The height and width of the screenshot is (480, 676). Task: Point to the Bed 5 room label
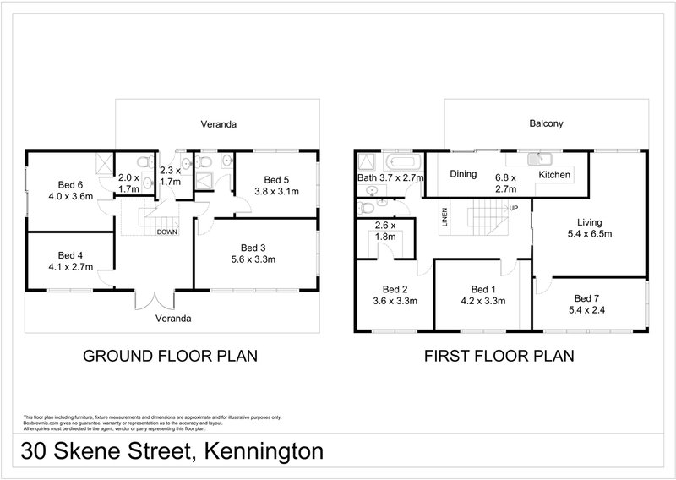276,179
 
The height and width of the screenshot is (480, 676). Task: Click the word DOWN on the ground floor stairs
167,232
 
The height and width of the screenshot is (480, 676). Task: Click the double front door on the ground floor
155,300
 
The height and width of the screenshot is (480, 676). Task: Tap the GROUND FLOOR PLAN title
169,356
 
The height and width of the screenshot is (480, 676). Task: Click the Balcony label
546,123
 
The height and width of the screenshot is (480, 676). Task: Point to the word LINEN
444,218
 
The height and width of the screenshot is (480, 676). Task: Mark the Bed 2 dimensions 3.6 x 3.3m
395,300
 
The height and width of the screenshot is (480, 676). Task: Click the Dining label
464,175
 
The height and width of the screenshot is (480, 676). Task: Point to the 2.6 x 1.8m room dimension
385,232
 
